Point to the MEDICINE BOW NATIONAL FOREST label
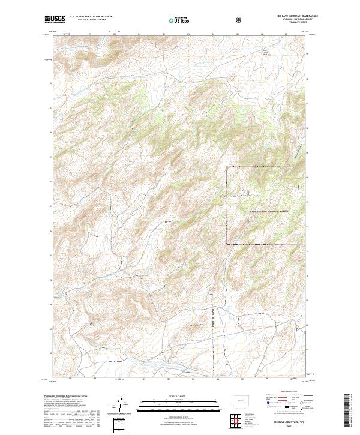tap(269, 211)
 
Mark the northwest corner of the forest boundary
tap(227, 166)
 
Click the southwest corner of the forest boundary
tap(227, 244)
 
